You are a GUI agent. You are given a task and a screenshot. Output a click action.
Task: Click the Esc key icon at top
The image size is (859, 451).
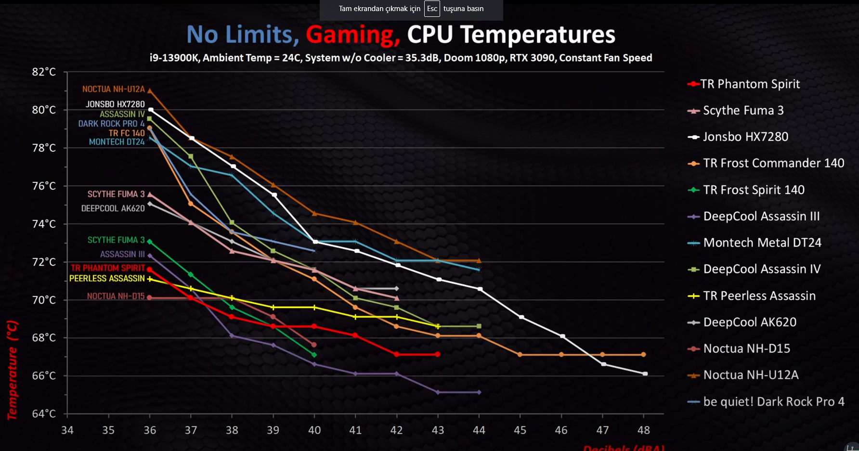point(432,9)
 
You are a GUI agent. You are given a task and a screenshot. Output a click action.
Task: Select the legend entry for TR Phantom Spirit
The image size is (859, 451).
point(749,84)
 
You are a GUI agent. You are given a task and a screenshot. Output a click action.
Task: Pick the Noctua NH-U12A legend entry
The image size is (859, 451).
point(750,375)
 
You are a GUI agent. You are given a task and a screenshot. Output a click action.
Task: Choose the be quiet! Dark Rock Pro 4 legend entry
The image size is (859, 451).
point(773,401)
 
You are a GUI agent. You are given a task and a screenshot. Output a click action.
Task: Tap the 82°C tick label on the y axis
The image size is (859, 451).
point(44,72)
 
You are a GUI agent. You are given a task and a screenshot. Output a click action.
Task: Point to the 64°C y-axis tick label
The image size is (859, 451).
point(44,413)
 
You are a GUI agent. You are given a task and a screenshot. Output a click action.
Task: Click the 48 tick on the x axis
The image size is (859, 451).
point(644,430)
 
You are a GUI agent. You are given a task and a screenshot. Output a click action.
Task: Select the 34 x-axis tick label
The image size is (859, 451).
point(67,430)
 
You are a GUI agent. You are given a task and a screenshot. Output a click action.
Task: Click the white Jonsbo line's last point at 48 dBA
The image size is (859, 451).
point(645,374)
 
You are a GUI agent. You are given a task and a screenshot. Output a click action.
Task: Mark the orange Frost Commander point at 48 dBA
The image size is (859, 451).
point(643,355)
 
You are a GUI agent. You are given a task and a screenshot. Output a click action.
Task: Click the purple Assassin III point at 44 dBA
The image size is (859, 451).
point(479,392)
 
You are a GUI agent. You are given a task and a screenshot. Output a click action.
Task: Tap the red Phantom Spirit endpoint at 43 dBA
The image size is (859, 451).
point(438,354)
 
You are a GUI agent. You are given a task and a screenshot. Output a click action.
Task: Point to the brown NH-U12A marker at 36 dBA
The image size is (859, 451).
point(150,90)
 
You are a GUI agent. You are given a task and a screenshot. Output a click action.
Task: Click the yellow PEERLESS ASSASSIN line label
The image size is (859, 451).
point(107,278)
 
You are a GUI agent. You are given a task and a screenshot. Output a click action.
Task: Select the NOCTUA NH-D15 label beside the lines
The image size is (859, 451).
point(116,296)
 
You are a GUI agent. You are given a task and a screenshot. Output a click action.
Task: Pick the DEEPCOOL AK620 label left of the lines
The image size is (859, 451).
point(113,208)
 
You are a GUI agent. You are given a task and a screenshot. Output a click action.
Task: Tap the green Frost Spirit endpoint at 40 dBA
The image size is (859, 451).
point(314,355)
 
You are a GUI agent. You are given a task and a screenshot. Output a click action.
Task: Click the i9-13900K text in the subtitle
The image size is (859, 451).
point(174,58)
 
